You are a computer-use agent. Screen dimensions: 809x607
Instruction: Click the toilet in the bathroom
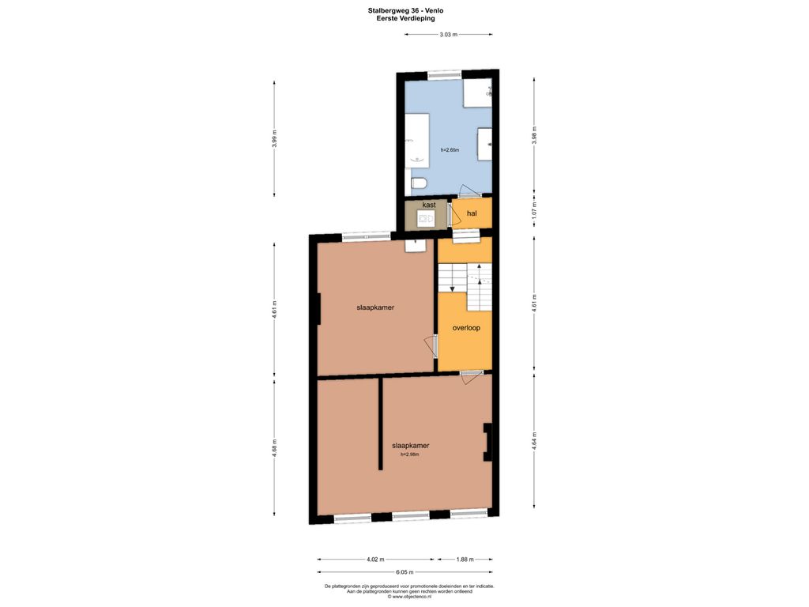coord(419,183)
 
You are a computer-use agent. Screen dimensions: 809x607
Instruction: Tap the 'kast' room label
coord(429,205)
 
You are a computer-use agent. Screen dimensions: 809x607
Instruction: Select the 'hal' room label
coord(472,213)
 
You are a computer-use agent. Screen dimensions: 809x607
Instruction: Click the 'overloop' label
coord(466,328)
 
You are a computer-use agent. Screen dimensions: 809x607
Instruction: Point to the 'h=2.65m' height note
coord(450,150)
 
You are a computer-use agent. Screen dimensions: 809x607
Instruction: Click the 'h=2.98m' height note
coord(410,454)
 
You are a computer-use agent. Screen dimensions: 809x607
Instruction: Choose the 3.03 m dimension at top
coord(449,35)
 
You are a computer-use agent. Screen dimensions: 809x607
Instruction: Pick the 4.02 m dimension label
coord(375,559)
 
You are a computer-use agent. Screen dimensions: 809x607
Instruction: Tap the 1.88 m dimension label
coord(465,559)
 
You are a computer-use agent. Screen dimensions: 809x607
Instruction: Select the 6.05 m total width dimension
coord(404,572)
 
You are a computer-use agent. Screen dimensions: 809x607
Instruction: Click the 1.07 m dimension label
coord(535,208)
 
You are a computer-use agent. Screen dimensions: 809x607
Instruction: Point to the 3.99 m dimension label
coord(274,138)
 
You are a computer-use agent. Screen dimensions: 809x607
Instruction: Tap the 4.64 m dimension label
coord(535,441)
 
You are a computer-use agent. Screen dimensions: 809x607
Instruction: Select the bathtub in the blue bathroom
coord(417,140)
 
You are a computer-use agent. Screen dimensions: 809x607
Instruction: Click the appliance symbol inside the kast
coord(426,219)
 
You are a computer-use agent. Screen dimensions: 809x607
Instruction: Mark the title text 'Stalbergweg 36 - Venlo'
coord(405,10)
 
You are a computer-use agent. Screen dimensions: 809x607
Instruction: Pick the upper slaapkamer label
coord(375,307)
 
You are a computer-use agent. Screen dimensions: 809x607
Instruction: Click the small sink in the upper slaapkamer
coord(416,245)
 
